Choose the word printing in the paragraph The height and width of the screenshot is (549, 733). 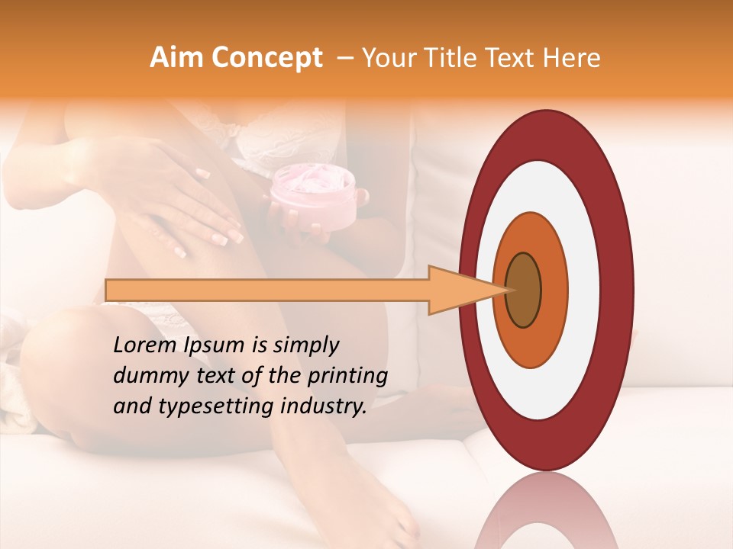(348, 377)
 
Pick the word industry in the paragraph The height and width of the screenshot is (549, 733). (324, 407)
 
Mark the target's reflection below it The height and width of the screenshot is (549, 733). (547, 511)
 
